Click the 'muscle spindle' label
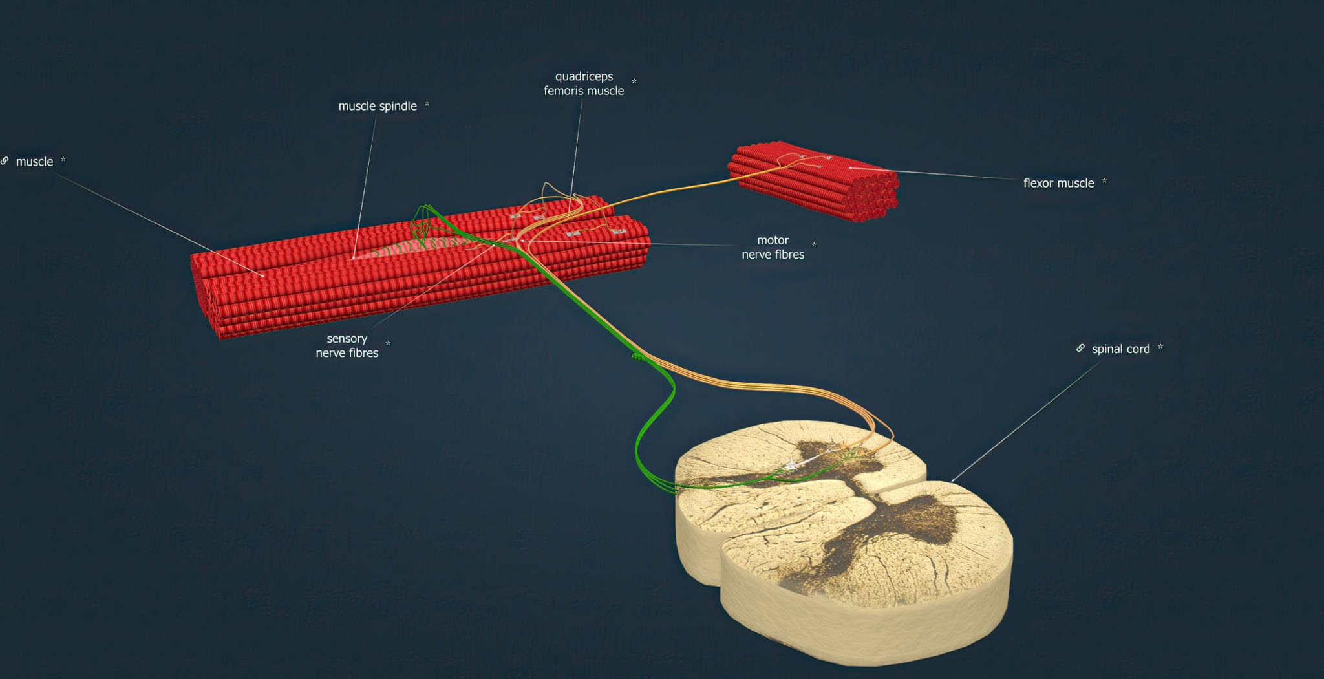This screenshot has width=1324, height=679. [x=378, y=106]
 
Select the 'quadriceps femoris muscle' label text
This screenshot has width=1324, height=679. [x=584, y=83]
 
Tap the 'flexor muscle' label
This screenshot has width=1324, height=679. [x=1058, y=183]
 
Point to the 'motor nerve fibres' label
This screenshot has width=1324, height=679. [x=773, y=247]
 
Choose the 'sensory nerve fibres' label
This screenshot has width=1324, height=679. [x=347, y=345]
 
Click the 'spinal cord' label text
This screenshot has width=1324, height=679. [x=1120, y=349]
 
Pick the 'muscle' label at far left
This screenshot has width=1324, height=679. [x=34, y=162]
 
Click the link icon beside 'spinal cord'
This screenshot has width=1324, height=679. [x=1080, y=348]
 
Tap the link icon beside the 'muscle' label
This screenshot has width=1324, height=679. [x=5, y=160]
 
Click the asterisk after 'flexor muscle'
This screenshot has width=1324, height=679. [x=1104, y=181]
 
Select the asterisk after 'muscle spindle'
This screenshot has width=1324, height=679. [x=427, y=104]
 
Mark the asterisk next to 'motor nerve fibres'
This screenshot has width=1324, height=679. [x=814, y=244]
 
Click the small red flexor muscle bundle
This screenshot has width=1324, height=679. [x=813, y=181]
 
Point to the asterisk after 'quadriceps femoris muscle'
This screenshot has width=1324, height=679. [x=634, y=81]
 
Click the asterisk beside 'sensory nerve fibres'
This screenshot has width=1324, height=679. [x=388, y=343]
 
